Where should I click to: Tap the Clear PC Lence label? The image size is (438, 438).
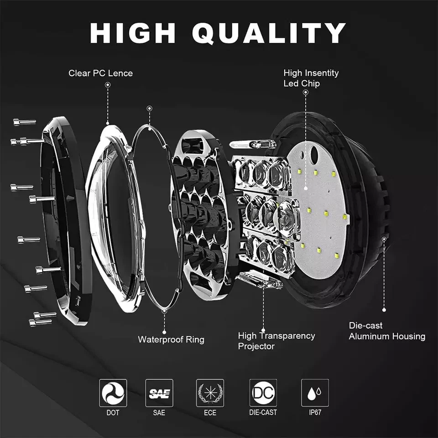point(100,73)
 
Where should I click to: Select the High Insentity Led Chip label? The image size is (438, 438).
point(311,78)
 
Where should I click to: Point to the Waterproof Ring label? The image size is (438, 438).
point(171,339)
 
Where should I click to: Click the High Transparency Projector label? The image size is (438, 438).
point(276,341)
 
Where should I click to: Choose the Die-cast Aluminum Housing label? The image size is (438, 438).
point(386,331)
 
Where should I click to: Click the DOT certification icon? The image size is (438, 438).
point(113,393)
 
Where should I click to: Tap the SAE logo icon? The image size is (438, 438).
point(159,393)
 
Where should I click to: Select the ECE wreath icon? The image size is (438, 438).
point(210,393)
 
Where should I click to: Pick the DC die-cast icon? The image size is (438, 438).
point(263,393)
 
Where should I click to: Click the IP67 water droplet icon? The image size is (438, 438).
point(315,393)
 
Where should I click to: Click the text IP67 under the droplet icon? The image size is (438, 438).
point(315,412)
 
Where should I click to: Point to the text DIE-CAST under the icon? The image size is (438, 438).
point(263,412)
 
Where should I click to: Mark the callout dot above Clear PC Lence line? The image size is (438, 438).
point(108,85)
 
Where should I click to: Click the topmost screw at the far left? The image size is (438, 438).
point(24,122)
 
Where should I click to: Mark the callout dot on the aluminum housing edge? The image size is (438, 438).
point(384,239)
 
